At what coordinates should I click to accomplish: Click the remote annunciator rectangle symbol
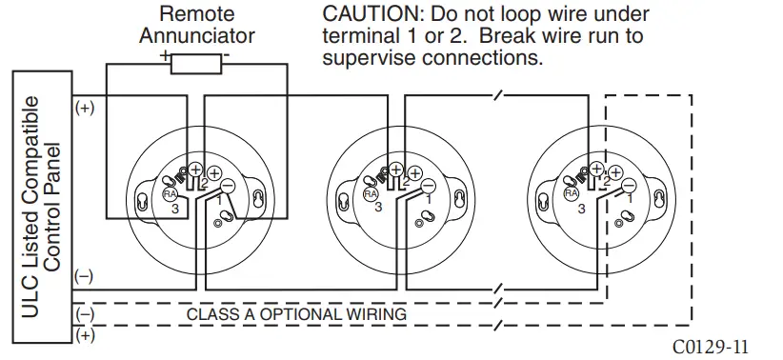click(x=197, y=63)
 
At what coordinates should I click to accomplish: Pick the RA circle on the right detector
click(x=571, y=192)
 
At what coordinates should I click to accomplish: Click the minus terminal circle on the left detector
click(x=230, y=188)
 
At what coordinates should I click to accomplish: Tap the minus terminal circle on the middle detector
click(x=429, y=188)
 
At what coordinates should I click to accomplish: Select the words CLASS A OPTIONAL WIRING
click(x=296, y=313)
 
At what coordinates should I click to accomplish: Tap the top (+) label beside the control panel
click(x=85, y=108)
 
